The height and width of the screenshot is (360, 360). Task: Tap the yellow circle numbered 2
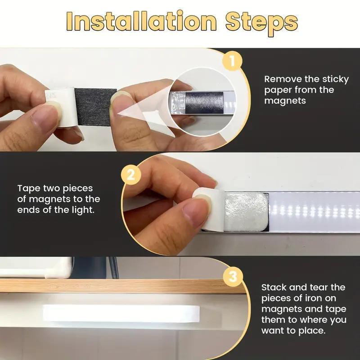pos(130,175)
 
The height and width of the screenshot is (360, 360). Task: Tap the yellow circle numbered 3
pos(232,276)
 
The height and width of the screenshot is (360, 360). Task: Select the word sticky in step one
pos(334,79)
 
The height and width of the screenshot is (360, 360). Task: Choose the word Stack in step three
pos(275,287)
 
